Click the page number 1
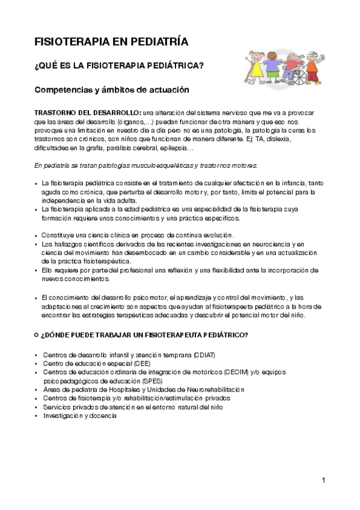click(x=323, y=479)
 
